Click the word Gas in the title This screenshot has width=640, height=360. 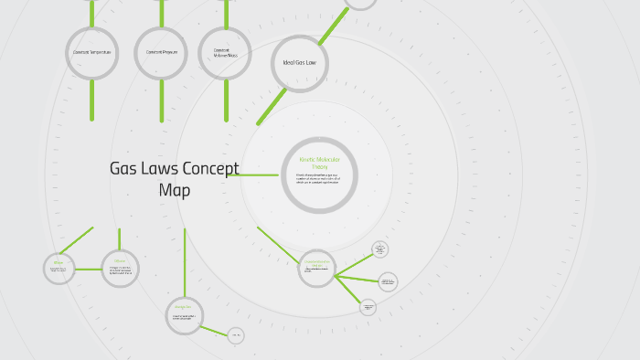pyautogui.click(x=125, y=169)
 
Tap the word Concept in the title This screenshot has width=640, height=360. pyautogui.click(x=210, y=169)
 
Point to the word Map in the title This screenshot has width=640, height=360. pyautogui.click(x=175, y=190)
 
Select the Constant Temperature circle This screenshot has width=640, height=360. pyautogui.click(x=92, y=52)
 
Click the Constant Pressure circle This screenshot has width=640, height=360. pyautogui.click(x=162, y=52)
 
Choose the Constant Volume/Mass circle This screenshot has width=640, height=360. pyautogui.click(x=225, y=53)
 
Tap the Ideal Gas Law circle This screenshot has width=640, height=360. pyautogui.click(x=299, y=63)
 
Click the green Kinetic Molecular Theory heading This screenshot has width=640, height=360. pyautogui.click(x=319, y=163)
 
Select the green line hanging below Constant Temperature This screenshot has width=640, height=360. pyautogui.click(x=92, y=101)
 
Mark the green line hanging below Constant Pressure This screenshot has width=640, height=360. pyautogui.click(x=162, y=101)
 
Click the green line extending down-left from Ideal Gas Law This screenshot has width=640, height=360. pyautogui.click(x=271, y=107)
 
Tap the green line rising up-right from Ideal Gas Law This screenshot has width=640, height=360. pyautogui.click(x=333, y=24)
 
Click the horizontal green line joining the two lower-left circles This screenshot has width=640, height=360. pyautogui.click(x=89, y=269)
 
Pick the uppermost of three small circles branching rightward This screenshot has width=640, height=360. pyautogui.click(x=380, y=249)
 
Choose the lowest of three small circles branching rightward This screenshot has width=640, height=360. pyautogui.click(x=368, y=307)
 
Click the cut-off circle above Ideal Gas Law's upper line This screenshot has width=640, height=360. pyautogui.click(x=360, y=3)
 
